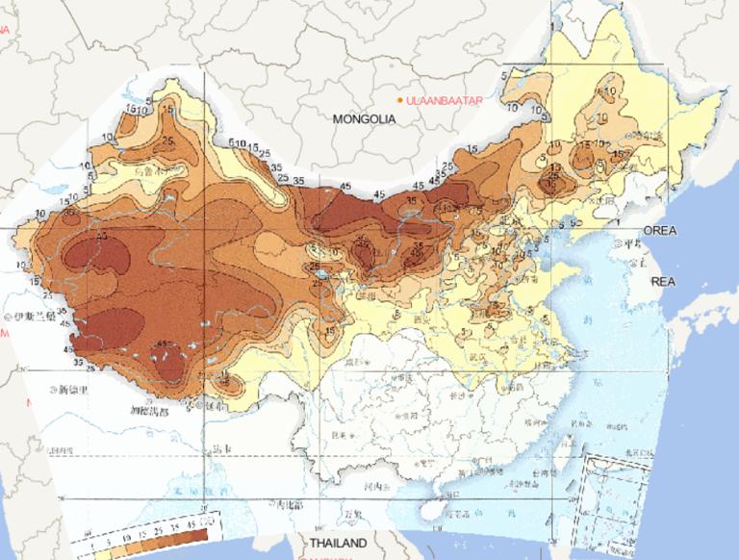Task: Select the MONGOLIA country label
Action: pos(364,119)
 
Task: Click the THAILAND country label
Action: pos(337,544)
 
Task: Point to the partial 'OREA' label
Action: pos(660,231)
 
